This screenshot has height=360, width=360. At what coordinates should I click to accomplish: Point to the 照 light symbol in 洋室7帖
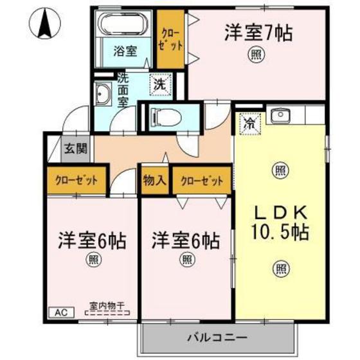pyautogui.click(x=256, y=55)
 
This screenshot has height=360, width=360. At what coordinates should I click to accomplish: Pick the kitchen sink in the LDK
pyautogui.click(x=280, y=116)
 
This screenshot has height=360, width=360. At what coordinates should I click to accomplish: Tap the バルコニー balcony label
pyautogui.click(x=213, y=336)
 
